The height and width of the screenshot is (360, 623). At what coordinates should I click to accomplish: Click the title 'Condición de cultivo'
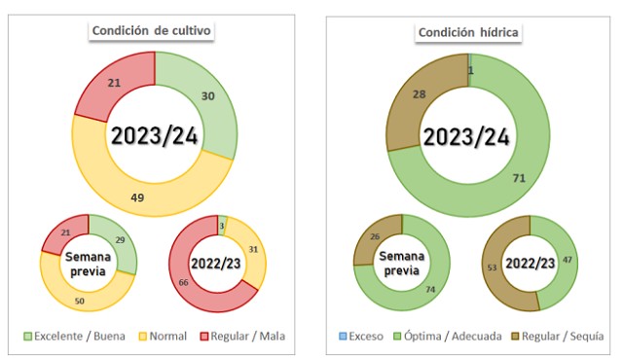[152, 30]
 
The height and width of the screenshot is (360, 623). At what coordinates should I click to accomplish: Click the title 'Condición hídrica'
[468, 32]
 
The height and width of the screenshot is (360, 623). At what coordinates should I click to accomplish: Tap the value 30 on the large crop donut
[207, 96]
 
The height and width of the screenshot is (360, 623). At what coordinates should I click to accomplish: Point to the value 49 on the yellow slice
[137, 198]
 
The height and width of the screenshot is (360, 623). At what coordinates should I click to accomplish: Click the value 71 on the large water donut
[519, 178]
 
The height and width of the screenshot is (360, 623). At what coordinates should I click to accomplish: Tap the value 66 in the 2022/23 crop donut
[183, 282]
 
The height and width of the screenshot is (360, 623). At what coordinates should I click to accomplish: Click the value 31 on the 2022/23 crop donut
[253, 249]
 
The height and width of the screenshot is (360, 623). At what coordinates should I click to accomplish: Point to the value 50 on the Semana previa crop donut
[80, 301]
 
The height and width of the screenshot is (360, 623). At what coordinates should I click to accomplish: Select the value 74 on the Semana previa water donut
[430, 290]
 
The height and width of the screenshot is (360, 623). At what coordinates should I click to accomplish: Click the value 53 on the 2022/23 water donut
[492, 268]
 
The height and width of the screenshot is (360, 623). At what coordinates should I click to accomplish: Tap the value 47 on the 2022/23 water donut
[567, 260]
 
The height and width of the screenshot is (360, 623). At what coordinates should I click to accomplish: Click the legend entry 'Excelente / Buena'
[75, 337]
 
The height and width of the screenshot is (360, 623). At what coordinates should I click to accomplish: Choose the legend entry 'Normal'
[163, 337]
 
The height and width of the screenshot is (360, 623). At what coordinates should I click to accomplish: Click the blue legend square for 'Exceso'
[343, 337]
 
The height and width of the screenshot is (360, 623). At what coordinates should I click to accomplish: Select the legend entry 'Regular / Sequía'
[558, 337]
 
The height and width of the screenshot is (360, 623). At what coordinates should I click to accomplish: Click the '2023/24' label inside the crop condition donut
[155, 136]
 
